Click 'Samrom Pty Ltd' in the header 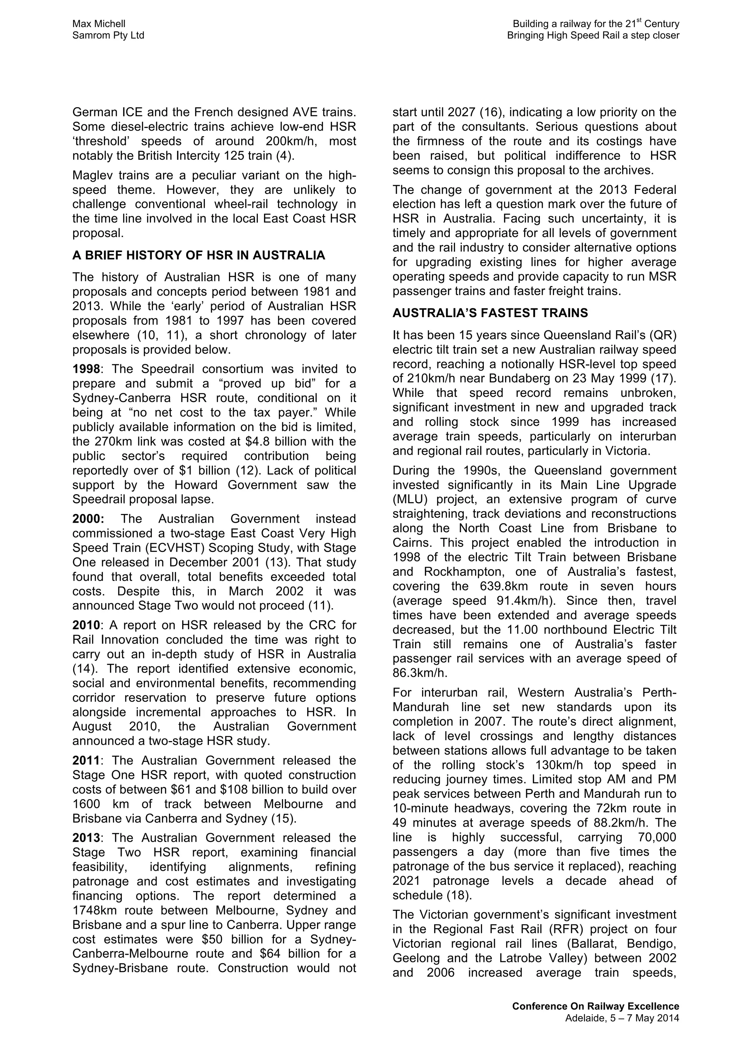tap(108, 35)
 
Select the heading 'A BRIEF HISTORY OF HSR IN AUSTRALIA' tap(199, 255)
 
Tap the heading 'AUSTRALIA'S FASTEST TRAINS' tap(490, 313)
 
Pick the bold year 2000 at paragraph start tap(88, 519)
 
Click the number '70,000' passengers tap(657, 838)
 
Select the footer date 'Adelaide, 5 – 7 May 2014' tap(622, 1018)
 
